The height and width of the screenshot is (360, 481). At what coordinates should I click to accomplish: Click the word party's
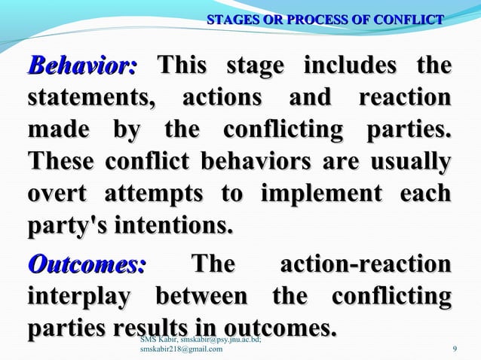[x=59, y=227]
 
